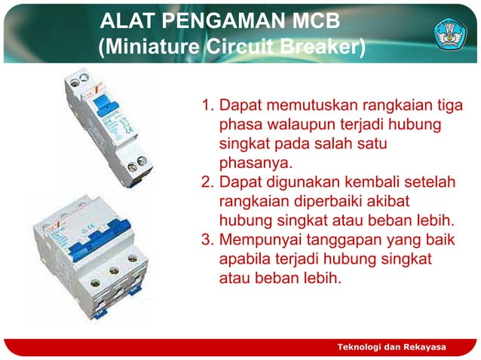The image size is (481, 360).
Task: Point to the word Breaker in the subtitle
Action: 326,47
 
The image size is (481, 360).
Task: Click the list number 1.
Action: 206,105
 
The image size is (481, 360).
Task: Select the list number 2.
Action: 206,183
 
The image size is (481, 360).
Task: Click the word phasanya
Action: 253,163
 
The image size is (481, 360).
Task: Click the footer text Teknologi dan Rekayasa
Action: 391,346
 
